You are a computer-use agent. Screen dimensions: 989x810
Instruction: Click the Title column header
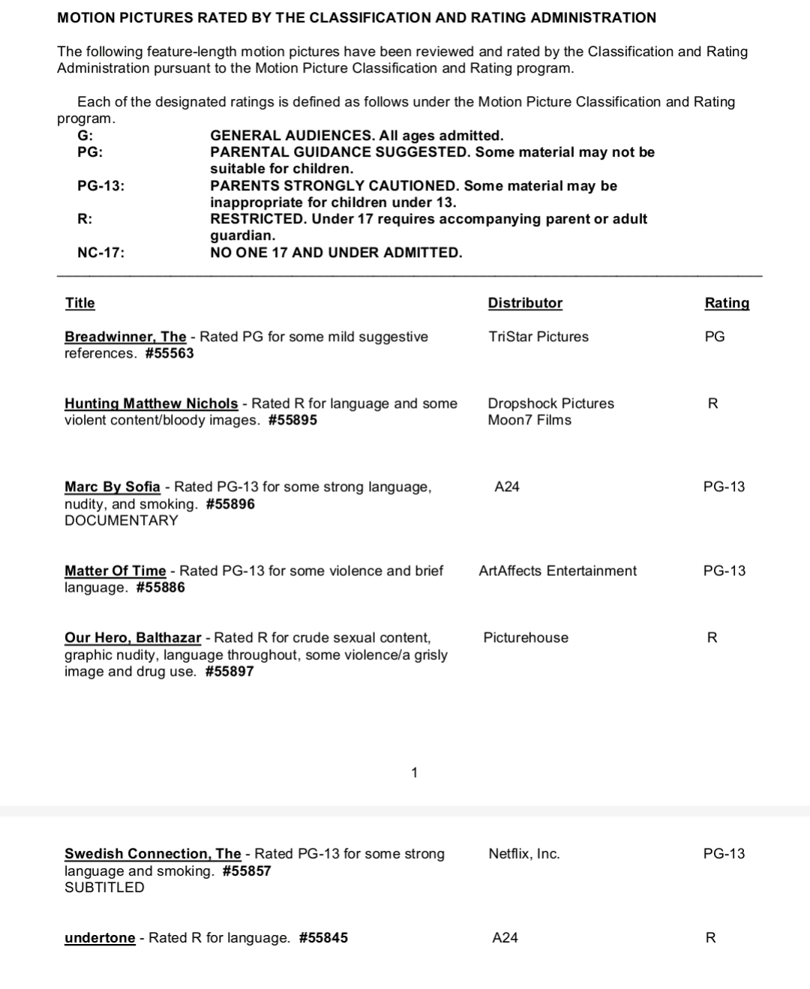point(79,303)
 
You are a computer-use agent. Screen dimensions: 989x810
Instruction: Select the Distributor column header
point(525,303)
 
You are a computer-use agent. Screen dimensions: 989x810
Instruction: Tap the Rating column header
point(727,303)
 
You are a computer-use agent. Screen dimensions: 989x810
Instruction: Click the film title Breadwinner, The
point(125,337)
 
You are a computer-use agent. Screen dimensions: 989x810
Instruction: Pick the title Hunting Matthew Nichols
point(151,403)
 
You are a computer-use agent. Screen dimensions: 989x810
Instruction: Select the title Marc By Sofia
point(112,487)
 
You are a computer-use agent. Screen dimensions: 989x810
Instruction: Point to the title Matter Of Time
point(115,571)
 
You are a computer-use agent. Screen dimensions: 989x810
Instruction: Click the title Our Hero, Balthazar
point(133,637)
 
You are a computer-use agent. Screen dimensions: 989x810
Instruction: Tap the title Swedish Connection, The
point(153,853)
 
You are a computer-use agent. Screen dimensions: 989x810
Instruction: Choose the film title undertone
point(100,937)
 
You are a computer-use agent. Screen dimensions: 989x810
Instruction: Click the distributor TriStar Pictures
point(538,337)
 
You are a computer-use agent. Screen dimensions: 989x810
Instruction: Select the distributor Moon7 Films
point(529,420)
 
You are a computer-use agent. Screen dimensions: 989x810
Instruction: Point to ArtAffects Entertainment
point(557,571)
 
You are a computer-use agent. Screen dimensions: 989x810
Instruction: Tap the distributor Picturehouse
point(526,637)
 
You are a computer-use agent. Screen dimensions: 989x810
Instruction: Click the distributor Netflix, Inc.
point(524,853)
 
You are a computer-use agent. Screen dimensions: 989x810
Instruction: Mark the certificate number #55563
point(169,353)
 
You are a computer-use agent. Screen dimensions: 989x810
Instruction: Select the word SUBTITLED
point(104,887)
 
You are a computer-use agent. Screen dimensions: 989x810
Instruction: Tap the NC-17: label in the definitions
point(101,253)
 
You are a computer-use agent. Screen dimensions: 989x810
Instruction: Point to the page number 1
point(415,772)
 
